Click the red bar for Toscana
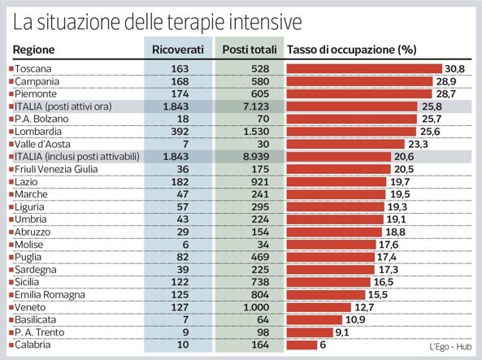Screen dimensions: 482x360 point(364,68)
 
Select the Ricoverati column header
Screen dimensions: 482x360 point(178,50)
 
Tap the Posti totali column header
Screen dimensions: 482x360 point(250,50)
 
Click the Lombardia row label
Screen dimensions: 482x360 point(38,132)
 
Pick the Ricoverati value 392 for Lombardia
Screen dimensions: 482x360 point(180,132)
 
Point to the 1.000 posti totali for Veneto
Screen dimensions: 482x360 point(256,307)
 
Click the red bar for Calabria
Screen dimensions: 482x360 point(302,345)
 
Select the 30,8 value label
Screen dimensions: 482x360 point(454,68)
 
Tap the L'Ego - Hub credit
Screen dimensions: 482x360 point(450,347)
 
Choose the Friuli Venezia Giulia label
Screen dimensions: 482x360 point(56,169)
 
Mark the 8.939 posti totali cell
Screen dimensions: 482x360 point(256,157)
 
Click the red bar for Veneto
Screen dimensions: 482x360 point(319,307)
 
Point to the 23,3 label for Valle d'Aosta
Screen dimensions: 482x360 point(418,144)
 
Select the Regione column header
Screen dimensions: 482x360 point(34,50)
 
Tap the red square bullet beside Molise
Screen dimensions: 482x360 point(11,245)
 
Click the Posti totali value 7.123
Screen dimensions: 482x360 point(256,106)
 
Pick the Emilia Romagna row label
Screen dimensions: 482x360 point(50,295)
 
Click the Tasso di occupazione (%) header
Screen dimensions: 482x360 point(352,50)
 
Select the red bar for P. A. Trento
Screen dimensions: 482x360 point(310,332)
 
